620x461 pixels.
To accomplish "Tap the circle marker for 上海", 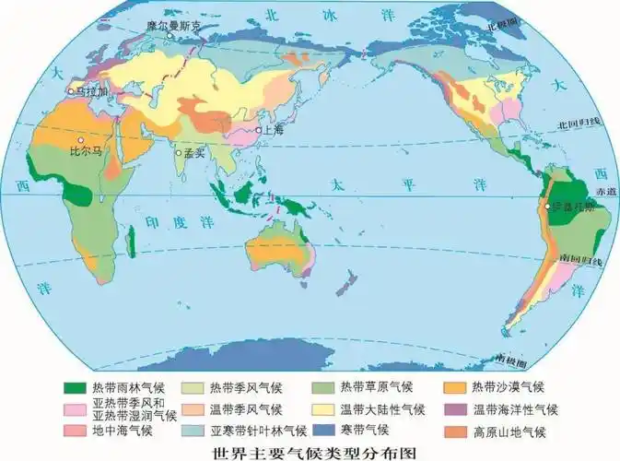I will coord(261,131).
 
